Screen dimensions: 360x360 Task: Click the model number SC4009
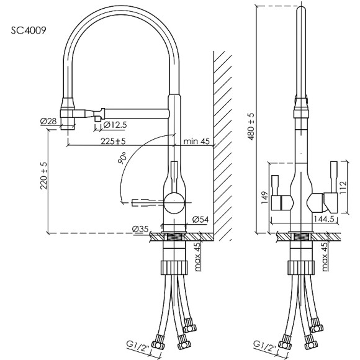28,29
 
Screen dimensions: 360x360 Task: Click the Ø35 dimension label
141,229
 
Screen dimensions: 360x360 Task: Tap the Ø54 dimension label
199,219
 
